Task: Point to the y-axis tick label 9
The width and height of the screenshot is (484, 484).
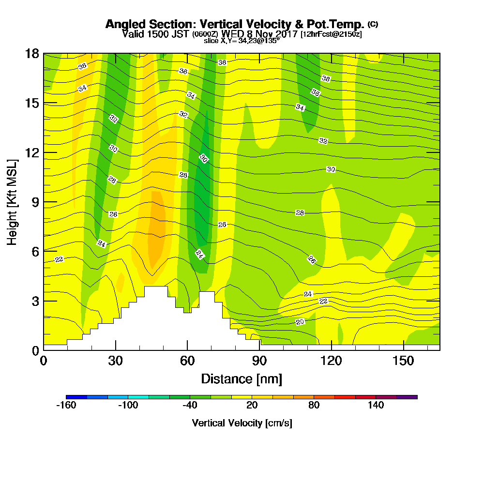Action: pos(35,202)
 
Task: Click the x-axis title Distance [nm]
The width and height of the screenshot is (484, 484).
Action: pos(242,378)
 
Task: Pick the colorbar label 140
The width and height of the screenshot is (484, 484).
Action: pos(376,405)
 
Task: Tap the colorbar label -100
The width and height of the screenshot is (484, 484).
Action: pos(128,405)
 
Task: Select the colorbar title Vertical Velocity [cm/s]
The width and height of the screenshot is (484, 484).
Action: pos(242,423)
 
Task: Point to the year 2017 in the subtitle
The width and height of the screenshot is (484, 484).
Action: pos(285,34)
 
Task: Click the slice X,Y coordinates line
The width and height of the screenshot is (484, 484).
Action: pos(242,41)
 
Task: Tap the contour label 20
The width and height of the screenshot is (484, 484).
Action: pos(300,322)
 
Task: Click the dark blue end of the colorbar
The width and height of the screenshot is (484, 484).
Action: pos(76,397)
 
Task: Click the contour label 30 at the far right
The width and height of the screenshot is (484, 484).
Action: pos(331,169)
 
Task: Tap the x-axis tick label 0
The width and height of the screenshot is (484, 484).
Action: pos(44,362)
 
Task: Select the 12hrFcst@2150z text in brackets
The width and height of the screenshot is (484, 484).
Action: pos(331,34)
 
